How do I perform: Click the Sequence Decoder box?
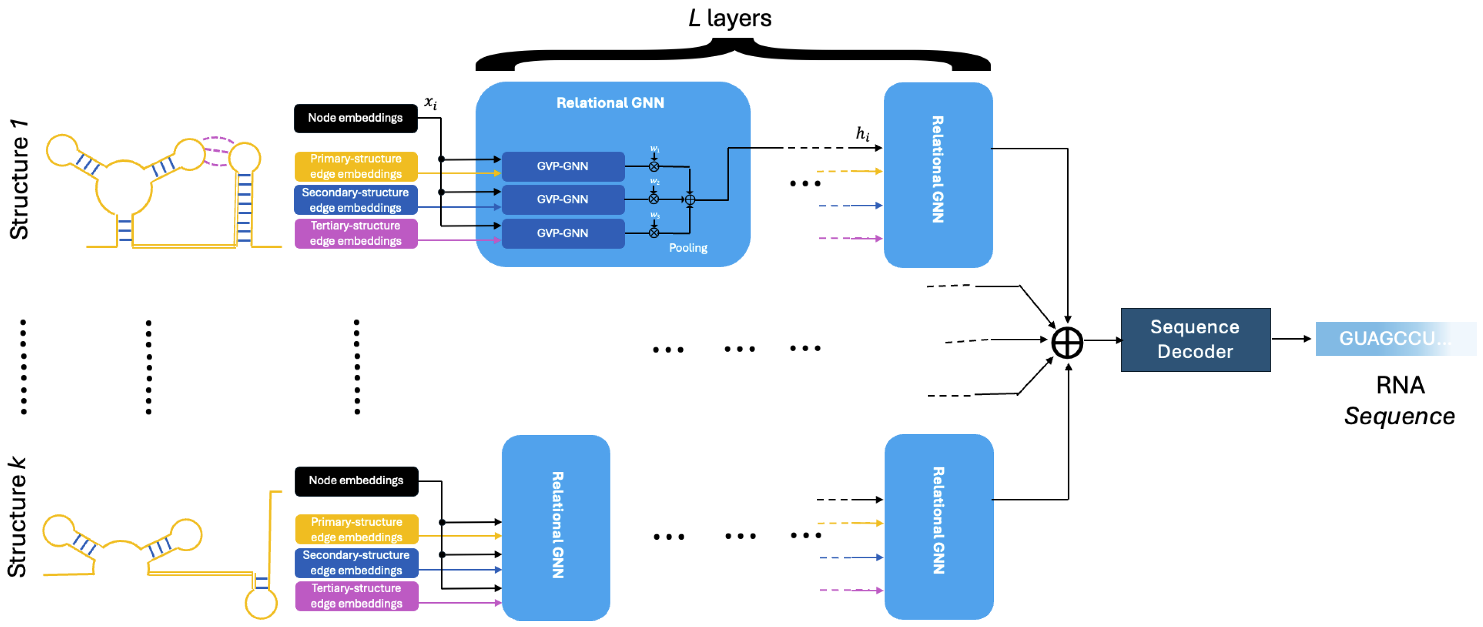click(1195, 340)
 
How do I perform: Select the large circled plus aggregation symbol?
click(1067, 343)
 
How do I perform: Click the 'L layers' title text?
click(730, 19)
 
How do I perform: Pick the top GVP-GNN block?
click(562, 166)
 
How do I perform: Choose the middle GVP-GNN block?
click(562, 199)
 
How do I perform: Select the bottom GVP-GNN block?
click(562, 233)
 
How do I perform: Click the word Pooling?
click(688, 248)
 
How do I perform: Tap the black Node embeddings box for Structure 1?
click(355, 118)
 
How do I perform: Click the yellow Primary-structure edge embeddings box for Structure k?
click(356, 529)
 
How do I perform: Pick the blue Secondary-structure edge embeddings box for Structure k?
click(356, 562)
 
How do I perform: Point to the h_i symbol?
click(862, 134)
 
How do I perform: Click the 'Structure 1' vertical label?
click(19, 179)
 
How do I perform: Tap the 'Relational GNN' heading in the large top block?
click(610, 103)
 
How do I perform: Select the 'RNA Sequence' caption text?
click(1399, 400)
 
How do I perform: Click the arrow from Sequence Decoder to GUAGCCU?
click(1292, 339)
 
